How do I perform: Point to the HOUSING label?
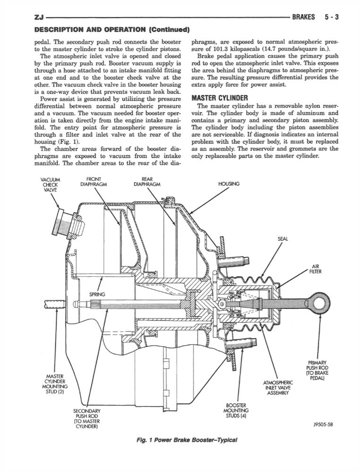click(229, 184)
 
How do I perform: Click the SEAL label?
click(283, 239)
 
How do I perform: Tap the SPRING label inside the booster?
click(97, 295)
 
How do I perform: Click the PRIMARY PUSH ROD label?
click(317, 371)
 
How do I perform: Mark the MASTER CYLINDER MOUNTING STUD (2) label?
click(55, 384)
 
